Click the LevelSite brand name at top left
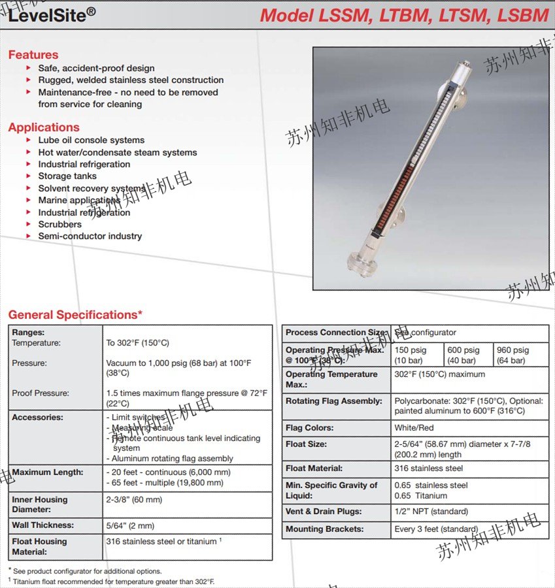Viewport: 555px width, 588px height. pyautogui.click(x=48, y=15)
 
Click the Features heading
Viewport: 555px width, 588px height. pyautogui.click(x=33, y=55)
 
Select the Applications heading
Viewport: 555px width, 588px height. pyautogui.click(x=44, y=127)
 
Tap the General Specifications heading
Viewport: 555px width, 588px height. pyautogui.click(x=75, y=315)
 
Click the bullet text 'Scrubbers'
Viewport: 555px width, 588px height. pyautogui.click(x=59, y=224)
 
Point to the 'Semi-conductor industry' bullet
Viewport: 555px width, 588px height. pyautogui.click(x=90, y=236)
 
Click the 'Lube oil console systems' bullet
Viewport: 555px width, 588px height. pyautogui.click(x=91, y=140)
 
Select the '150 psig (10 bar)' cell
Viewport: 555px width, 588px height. pyautogui.click(x=417, y=355)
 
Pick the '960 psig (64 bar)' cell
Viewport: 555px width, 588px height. pyautogui.click(x=521, y=355)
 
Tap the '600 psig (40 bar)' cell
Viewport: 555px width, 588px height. pyautogui.click(x=468, y=355)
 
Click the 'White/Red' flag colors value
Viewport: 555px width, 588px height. pyautogui.click(x=414, y=428)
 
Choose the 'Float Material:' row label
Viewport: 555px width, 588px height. pyautogui.click(x=314, y=468)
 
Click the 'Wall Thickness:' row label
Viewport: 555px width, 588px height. pyautogui.click(x=42, y=525)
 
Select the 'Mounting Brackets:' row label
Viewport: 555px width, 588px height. pyautogui.click(x=324, y=529)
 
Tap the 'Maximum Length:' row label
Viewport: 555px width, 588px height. pyautogui.click(x=47, y=472)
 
